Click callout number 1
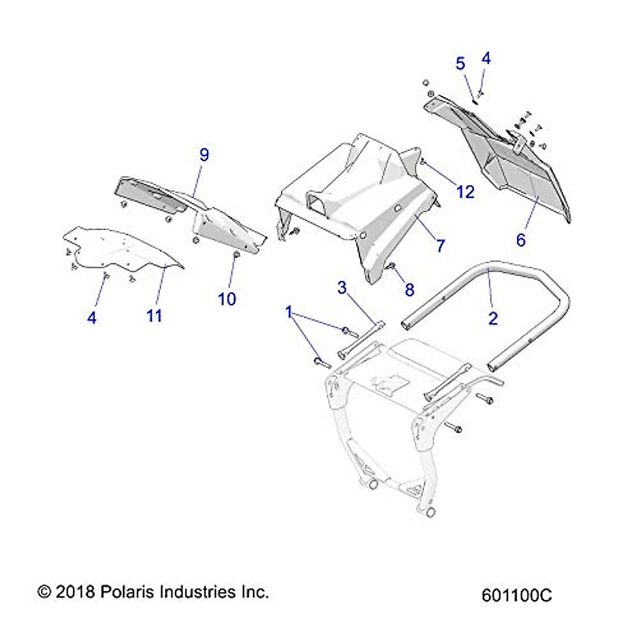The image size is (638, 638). [289, 312]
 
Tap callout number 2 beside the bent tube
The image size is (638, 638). [493, 318]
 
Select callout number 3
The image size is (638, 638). [342, 288]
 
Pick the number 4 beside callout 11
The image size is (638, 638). [92, 318]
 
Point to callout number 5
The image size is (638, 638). [460, 64]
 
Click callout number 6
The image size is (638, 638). [521, 240]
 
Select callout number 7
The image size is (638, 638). [440, 246]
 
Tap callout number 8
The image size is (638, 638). [409, 290]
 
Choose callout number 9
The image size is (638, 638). [204, 155]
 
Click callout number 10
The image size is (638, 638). [227, 299]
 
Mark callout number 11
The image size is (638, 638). [154, 316]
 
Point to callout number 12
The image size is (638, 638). [465, 192]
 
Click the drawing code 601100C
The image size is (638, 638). [516, 595]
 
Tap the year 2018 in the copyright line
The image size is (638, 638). [74, 592]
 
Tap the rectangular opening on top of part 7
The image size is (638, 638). [317, 203]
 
